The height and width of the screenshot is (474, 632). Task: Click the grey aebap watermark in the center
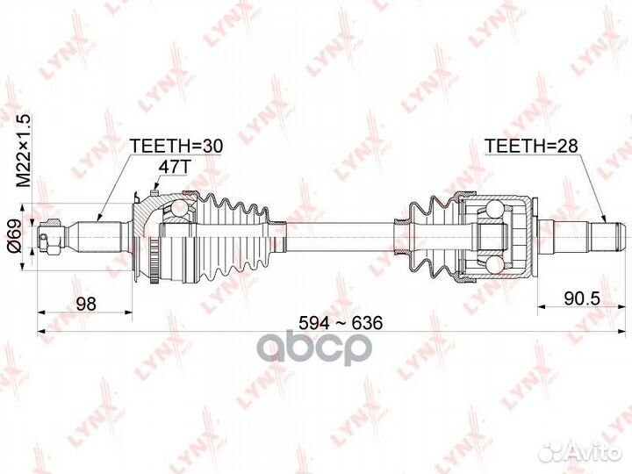pos(316,348)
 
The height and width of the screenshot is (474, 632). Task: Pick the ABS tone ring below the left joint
pos(156,262)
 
